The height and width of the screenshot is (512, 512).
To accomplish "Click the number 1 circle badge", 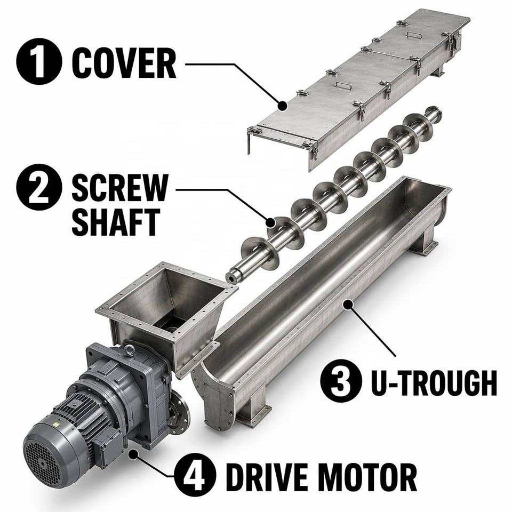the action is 39,61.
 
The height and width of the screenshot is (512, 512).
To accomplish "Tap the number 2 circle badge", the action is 39,187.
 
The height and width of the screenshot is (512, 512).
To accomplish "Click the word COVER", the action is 124,63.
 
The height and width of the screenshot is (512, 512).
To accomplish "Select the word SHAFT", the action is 116,222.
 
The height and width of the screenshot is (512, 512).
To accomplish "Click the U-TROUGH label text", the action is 434,382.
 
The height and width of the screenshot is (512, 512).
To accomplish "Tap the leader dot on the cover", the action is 283,106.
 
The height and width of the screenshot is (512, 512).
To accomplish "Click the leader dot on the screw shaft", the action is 270,223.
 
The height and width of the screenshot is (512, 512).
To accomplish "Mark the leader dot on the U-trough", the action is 349,305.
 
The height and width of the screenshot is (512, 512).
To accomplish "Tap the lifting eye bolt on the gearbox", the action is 130,350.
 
